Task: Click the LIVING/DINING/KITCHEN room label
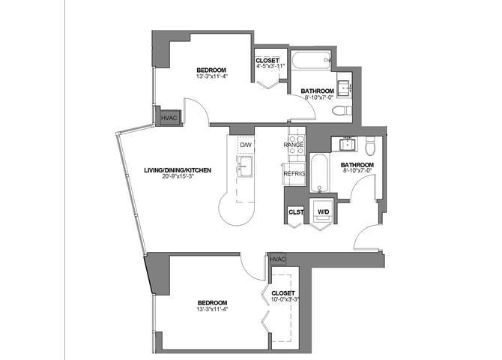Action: point(178,170)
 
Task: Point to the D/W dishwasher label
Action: point(247,144)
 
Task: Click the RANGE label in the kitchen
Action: point(293,144)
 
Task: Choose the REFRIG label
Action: point(294,174)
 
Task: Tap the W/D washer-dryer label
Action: point(324,212)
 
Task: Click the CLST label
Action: point(294,212)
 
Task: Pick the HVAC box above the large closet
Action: point(278,259)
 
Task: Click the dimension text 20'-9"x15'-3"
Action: point(178,178)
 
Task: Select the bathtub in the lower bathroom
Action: point(318,174)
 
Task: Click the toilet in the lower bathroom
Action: point(369,143)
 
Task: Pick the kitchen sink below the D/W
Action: point(245,164)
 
